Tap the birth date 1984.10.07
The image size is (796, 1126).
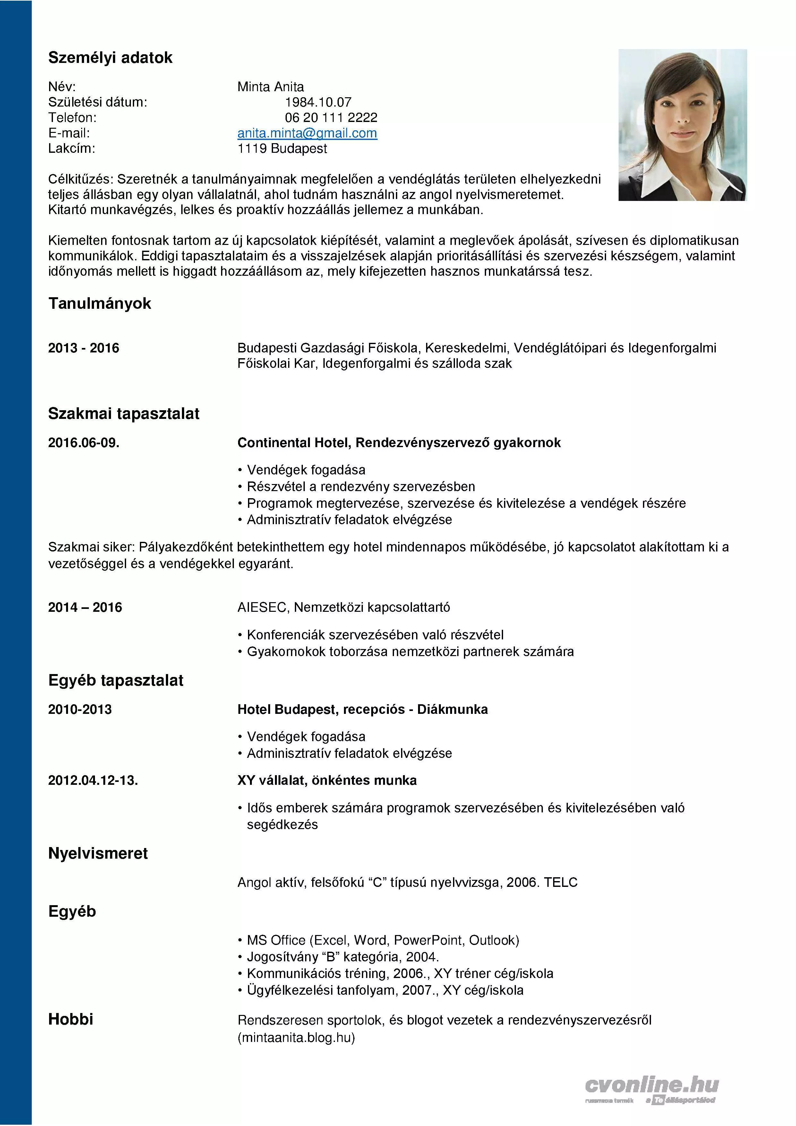[x=318, y=102]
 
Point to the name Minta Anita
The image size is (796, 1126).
[x=270, y=87]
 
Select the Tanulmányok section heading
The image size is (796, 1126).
[x=99, y=304]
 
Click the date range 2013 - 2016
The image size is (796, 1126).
[x=83, y=348]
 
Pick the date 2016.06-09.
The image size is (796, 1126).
[x=83, y=443]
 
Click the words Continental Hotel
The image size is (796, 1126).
[x=293, y=443]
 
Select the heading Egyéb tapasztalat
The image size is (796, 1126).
[x=116, y=681]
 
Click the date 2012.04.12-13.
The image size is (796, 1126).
[x=93, y=780]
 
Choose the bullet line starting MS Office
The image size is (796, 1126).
[x=382, y=940]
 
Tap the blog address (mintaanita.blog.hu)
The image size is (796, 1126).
[x=296, y=1038]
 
